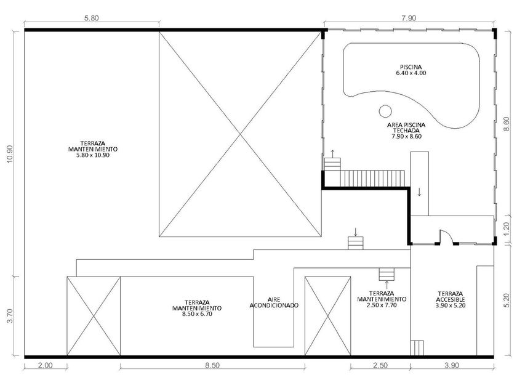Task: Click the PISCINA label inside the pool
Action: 411,67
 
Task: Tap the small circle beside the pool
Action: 385,111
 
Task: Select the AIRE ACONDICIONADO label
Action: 274,302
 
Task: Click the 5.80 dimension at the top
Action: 91,18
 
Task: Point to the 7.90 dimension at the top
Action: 409,18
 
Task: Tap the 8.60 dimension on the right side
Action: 507,124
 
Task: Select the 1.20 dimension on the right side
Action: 507,227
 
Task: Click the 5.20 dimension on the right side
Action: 507,301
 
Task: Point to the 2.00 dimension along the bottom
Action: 45,365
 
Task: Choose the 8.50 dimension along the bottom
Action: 212,365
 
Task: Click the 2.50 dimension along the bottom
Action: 380,365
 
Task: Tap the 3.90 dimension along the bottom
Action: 452,365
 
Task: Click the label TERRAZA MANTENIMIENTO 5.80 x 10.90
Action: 93,149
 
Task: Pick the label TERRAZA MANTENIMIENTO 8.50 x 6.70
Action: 197,308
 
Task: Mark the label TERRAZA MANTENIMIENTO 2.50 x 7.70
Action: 382,299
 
